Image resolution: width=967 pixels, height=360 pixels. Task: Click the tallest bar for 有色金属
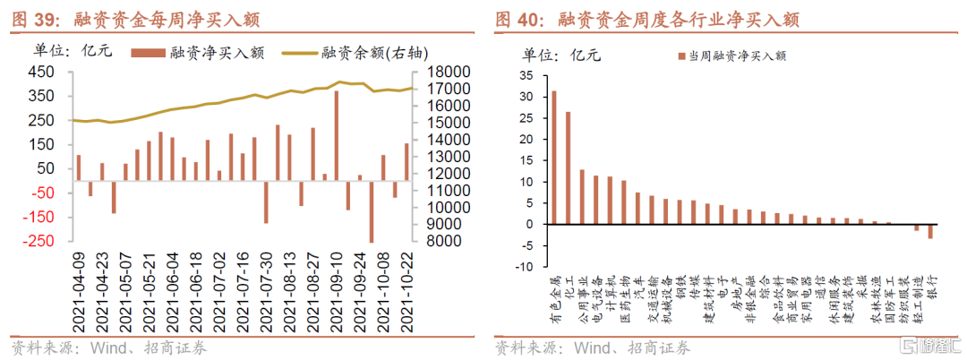(554, 157)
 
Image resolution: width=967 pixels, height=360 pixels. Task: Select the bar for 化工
(568, 167)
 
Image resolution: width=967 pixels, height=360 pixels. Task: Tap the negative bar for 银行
(930, 231)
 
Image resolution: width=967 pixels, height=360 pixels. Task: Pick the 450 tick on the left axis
(42, 73)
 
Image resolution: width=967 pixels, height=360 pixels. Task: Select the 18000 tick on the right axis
(442, 73)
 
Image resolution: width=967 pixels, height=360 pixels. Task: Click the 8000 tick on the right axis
(447, 242)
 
